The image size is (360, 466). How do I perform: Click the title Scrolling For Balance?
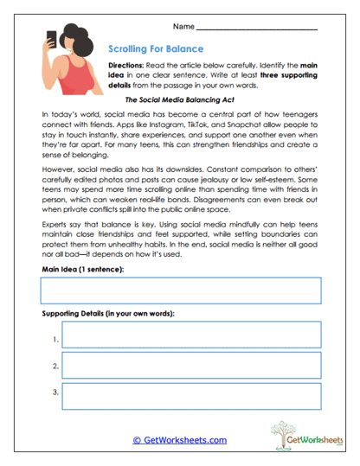[157, 49]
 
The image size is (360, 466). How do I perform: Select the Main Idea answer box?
[180, 291]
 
